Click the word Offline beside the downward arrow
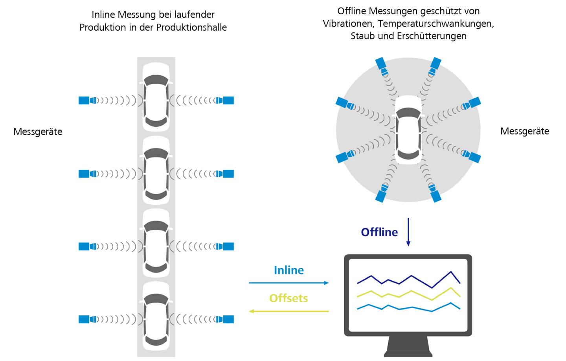click(379, 232)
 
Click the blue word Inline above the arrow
click(289, 270)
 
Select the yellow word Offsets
click(289, 298)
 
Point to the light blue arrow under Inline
click(289, 283)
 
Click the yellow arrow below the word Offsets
click(289, 311)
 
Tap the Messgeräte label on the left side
click(38, 131)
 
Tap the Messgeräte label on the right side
click(525, 131)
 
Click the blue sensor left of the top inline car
click(85, 100)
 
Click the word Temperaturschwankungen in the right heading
click(435, 24)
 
